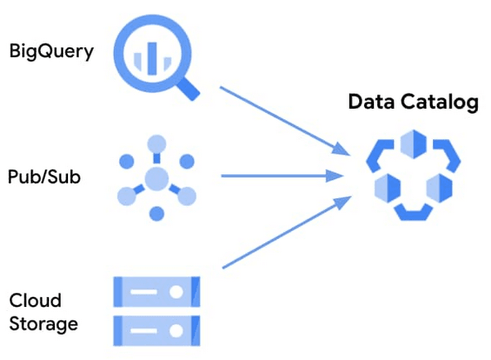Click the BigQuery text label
click(52, 52)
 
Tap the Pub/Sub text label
click(44, 176)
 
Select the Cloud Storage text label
click(43, 312)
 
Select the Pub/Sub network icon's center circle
click(156, 177)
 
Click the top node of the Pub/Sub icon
click(156, 143)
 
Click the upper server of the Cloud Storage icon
click(155, 291)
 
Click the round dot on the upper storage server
click(176, 291)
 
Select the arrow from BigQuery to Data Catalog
click(282, 118)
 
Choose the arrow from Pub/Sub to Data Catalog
click(282, 175)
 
